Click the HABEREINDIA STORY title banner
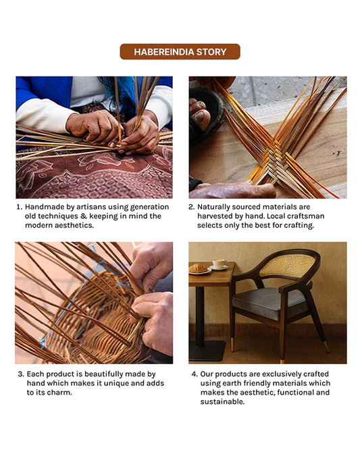point(180,52)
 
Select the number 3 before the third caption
point(20,374)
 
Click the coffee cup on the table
point(220,264)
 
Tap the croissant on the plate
point(199,268)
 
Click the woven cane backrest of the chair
point(286,266)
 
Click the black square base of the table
point(207,351)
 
